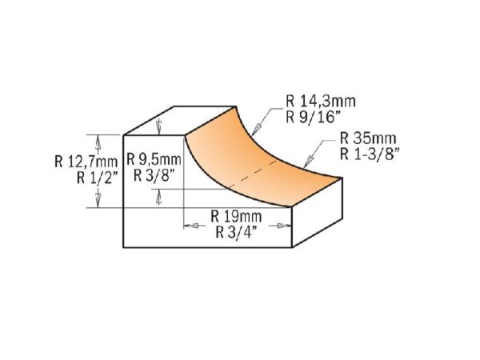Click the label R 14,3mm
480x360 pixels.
(321, 102)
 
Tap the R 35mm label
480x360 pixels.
(368, 138)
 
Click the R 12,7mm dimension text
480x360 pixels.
(86, 162)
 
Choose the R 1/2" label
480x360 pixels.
(98, 178)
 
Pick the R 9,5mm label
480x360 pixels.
(154, 159)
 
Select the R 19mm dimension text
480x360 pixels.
(236, 217)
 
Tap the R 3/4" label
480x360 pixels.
(236, 232)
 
